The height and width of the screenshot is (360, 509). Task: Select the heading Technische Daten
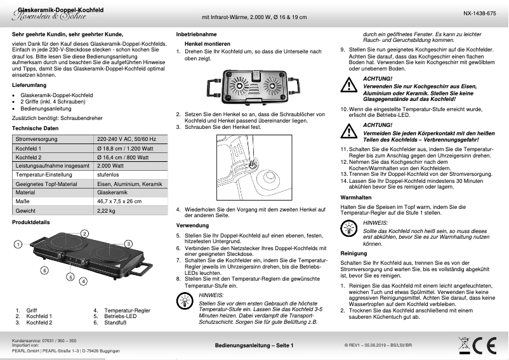click(36, 128)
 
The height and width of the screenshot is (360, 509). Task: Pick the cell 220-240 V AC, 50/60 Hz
click(126, 138)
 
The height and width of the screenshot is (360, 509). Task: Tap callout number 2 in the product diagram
click(84, 234)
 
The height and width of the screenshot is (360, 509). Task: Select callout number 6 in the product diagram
click(44, 270)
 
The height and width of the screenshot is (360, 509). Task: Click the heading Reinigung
click(354, 253)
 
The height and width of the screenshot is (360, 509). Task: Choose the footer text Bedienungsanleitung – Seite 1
click(254, 345)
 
